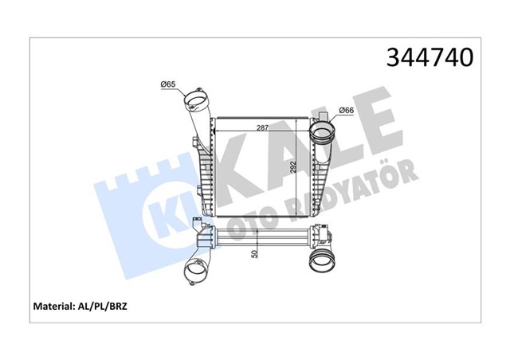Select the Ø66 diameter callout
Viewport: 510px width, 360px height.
coord(347,110)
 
